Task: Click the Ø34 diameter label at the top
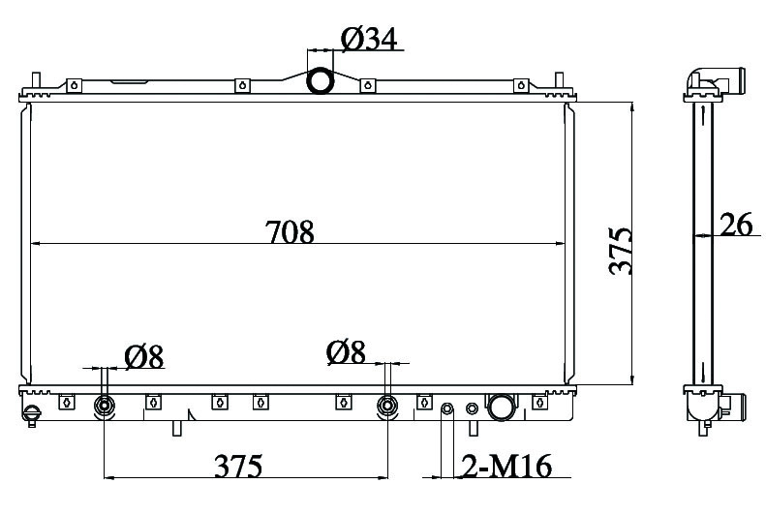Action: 369,39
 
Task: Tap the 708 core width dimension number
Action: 290,232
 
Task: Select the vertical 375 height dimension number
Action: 621,251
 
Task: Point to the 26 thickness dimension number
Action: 736,225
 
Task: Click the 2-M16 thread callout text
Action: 506,466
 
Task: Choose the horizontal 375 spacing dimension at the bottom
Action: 238,466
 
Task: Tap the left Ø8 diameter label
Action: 143,357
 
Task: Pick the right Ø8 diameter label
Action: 346,352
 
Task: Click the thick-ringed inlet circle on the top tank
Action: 320,80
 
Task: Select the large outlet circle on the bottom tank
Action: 501,407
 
